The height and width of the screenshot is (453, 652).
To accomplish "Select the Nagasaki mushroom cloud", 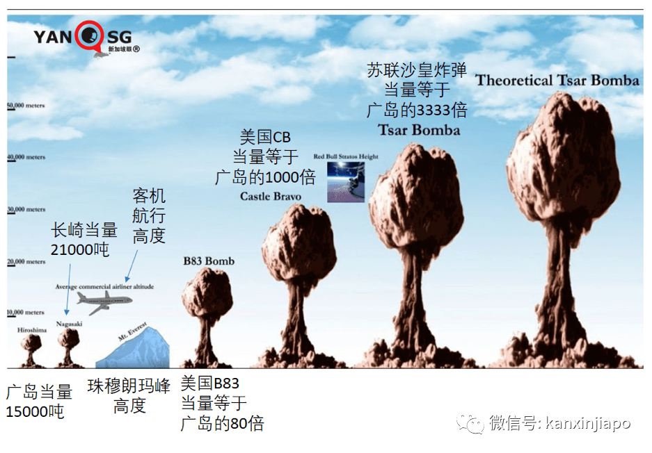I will tap(69, 345).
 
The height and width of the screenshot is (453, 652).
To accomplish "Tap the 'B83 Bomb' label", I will tap(209, 262).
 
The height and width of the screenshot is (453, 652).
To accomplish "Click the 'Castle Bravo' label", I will tap(271, 197).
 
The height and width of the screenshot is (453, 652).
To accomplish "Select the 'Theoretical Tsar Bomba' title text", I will tap(557, 81).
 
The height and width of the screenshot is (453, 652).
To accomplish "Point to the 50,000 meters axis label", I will tap(26, 106).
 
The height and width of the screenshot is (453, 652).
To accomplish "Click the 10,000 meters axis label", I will tap(26, 313).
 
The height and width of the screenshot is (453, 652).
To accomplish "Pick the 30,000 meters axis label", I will tap(26, 209).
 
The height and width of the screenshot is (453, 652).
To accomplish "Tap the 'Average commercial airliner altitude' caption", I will tap(104, 286).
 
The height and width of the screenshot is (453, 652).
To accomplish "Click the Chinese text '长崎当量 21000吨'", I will tap(84, 240).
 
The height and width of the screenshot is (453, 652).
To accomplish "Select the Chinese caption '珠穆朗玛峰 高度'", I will tap(129, 396).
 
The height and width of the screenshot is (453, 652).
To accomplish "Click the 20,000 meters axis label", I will tap(26, 262).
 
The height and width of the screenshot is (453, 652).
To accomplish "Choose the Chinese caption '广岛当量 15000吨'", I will tap(38, 402).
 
